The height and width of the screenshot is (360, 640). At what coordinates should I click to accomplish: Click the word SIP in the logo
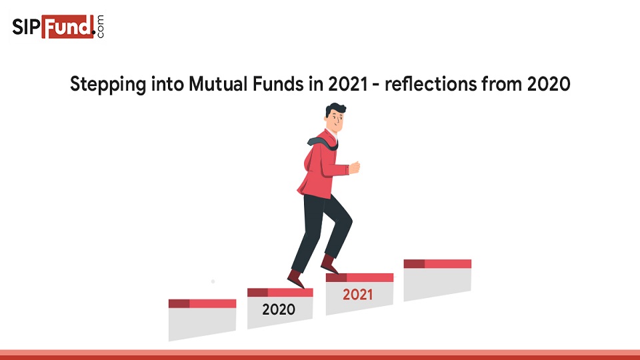coord(27,27)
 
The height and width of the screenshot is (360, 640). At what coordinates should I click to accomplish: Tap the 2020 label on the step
coord(279,309)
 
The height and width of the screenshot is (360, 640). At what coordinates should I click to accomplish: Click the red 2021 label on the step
coord(358,294)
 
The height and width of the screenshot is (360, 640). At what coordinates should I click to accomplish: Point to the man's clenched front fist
coord(354,167)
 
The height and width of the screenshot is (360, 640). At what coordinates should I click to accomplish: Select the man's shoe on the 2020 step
coord(295,278)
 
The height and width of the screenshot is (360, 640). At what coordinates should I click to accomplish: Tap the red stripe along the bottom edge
coord(320,354)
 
